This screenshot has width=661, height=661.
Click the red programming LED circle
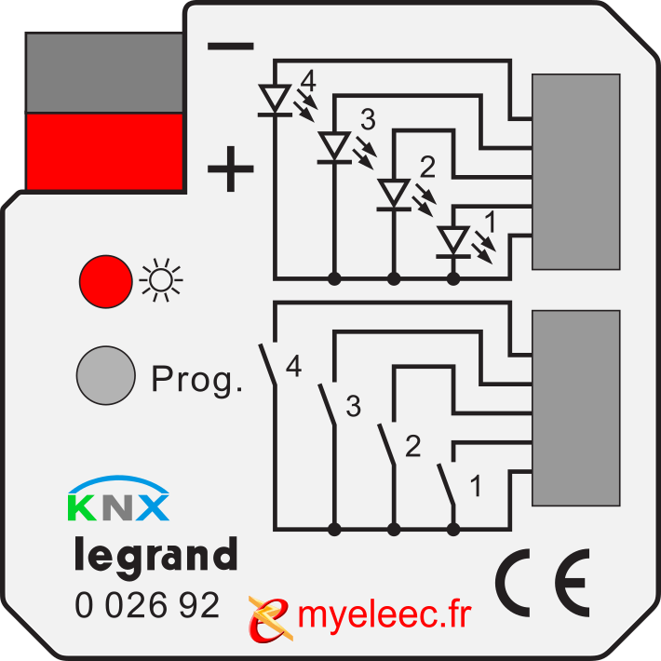(x=106, y=281)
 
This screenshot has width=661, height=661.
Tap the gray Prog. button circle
(x=106, y=375)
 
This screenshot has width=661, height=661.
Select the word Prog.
(x=196, y=380)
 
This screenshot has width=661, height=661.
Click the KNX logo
(x=118, y=498)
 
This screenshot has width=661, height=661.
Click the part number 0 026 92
(x=147, y=605)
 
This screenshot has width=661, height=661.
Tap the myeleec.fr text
(x=384, y=615)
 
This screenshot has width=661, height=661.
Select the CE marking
(x=543, y=583)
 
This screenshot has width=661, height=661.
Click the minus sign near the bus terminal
(x=231, y=46)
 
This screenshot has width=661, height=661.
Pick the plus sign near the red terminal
(x=231, y=169)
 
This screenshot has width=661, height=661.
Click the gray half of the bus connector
(x=104, y=73)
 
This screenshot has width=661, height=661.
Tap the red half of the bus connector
(x=104, y=152)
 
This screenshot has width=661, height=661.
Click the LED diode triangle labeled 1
(x=453, y=240)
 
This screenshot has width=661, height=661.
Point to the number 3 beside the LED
(x=368, y=119)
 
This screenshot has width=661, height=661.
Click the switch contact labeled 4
(x=268, y=365)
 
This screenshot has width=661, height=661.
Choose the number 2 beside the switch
(x=412, y=446)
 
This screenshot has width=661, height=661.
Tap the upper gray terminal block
(x=576, y=171)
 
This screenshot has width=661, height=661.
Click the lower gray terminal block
(x=576, y=408)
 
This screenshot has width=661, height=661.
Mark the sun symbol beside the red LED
(x=161, y=280)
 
